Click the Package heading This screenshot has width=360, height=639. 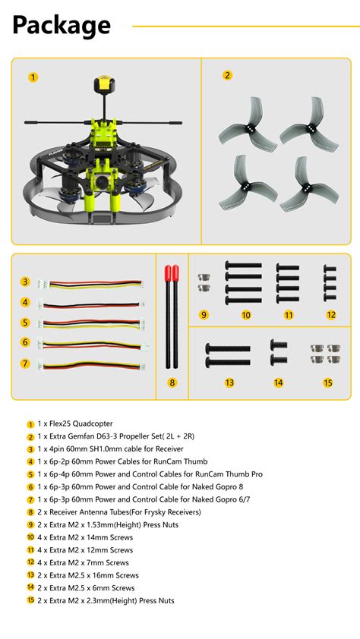pyautogui.click(x=62, y=26)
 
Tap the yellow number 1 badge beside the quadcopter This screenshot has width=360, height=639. pyautogui.click(x=33, y=77)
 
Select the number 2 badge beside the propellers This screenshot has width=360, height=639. pyautogui.click(x=227, y=75)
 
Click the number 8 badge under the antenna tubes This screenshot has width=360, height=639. pyautogui.click(x=172, y=382)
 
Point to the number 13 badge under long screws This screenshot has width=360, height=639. pyautogui.click(x=229, y=382)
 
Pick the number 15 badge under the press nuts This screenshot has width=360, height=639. pyautogui.click(x=327, y=382)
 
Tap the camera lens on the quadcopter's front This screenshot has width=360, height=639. pyautogui.click(x=101, y=181)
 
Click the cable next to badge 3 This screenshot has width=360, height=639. pyautogui.click(x=91, y=282)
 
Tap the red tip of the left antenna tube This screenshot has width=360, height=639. pyautogui.click(x=167, y=272)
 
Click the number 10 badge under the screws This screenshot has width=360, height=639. pyautogui.click(x=246, y=314)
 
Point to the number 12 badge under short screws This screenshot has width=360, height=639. pyautogui.click(x=330, y=314)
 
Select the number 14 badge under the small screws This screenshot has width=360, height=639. pyautogui.click(x=279, y=382)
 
